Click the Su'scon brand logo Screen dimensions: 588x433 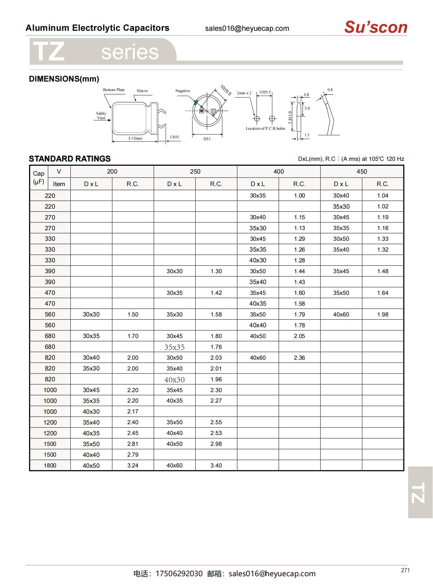click(376, 27)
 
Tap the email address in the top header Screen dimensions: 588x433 click(247, 28)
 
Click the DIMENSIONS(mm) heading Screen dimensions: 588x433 click(64, 79)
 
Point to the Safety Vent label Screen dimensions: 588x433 click(101, 116)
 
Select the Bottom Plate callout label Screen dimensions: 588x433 click(114, 90)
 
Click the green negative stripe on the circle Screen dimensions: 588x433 click(196, 103)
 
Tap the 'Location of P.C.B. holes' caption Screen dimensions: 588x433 click(265, 128)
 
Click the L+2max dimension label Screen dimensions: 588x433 click(135, 138)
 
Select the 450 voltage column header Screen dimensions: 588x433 click(362, 172)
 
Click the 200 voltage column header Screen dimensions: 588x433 click(112, 172)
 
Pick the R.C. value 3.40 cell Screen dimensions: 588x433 click(216, 465)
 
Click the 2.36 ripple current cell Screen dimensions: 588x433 click(299, 358)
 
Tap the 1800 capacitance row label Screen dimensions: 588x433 click(50, 465)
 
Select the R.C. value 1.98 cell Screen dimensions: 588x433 click(382, 314)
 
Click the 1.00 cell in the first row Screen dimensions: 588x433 click(299, 196)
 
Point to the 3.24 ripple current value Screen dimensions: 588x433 click(133, 465)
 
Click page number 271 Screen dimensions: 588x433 click(405, 570)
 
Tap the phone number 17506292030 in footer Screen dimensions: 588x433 click(179, 574)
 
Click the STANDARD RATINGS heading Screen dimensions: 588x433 click(70, 159)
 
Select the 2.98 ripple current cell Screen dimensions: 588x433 click(216, 444)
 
